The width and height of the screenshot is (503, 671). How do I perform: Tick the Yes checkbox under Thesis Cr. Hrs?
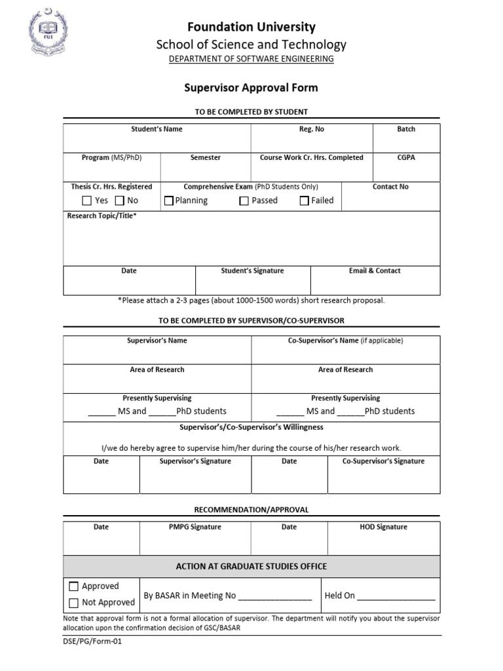[86, 201]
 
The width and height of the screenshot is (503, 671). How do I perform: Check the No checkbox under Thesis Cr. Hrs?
[120, 201]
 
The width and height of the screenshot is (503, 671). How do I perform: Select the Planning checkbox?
[169, 201]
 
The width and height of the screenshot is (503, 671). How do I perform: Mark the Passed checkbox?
[244, 201]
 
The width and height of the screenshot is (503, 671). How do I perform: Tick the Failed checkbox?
[304, 201]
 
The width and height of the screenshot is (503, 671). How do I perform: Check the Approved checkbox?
[73, 586]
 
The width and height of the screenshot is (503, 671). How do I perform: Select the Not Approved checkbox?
[73, 603]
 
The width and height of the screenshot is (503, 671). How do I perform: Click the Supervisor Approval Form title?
[251, 88]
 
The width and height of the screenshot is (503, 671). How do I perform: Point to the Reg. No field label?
[312, 129]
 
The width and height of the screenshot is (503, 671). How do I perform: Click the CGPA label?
[406, 158]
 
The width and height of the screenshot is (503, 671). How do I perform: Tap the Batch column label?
[406, 129]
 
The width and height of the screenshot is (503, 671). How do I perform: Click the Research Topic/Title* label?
[102, 216]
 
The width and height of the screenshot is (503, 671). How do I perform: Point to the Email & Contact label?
[375, 271]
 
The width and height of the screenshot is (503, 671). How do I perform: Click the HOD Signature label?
[383, 527]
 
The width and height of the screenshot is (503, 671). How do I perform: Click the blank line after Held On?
[396, 597]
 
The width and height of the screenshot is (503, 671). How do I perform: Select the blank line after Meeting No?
[275, 597]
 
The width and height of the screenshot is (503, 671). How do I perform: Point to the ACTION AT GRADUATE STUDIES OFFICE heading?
[251, 566]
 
